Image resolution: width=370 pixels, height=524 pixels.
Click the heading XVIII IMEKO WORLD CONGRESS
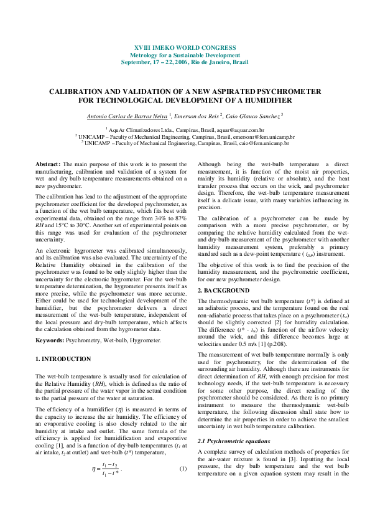click(x=185, y=47)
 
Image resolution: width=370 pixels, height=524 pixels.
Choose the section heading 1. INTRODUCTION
click(x=64, y=359)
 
